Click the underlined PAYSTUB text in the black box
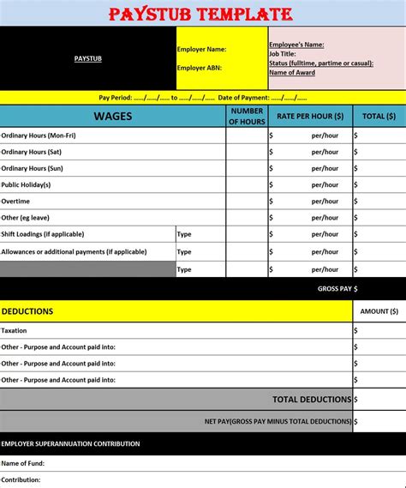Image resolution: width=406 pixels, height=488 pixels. click(88, 58)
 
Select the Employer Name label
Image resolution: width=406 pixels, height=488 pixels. click(201, 49)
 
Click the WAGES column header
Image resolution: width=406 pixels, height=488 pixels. click(113, 116)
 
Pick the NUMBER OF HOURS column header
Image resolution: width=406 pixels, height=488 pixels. click(247, 116)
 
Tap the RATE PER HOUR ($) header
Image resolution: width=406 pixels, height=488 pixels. click(309, 116)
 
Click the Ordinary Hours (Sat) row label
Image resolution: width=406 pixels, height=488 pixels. click(32, 152)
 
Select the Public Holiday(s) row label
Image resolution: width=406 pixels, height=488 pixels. click(27, 184)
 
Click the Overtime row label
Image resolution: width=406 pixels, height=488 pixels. click(15, 201)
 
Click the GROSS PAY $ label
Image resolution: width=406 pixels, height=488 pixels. click(337, 289)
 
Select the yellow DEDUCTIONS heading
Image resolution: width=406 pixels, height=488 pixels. click(27, 311)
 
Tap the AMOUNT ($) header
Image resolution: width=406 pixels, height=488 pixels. click(379, 311)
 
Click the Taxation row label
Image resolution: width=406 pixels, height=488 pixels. click(15, 330)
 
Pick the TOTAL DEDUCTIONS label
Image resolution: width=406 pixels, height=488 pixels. click(312, 399)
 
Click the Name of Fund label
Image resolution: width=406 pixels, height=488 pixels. click(22, 463)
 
